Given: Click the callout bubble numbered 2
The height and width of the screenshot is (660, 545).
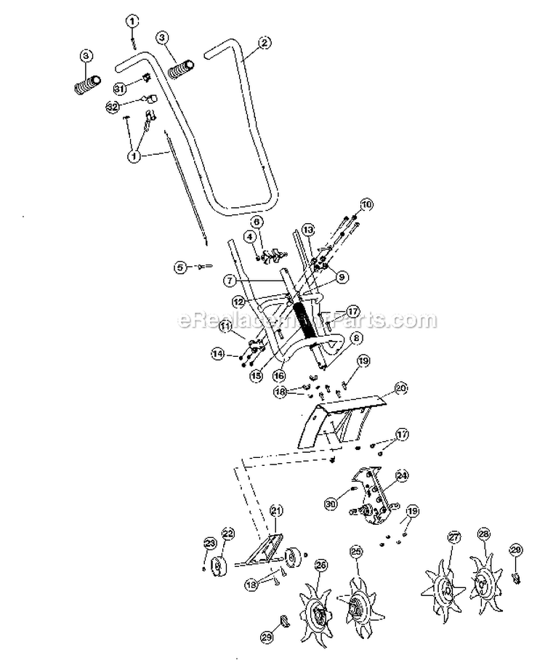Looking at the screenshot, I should (264, 43).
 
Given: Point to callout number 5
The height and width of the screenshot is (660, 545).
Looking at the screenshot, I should (179, 267).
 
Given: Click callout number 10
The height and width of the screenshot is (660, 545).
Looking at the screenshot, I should (366, 205).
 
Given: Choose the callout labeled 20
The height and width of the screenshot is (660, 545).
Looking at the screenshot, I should (400, 388).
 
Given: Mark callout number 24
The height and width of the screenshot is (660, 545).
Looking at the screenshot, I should (400, 477).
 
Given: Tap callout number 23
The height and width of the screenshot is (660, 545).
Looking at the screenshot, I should (209, 543).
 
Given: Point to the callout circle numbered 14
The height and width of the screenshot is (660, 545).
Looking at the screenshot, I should (217, 354).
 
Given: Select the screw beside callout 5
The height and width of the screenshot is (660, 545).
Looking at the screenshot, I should (203, 267).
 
